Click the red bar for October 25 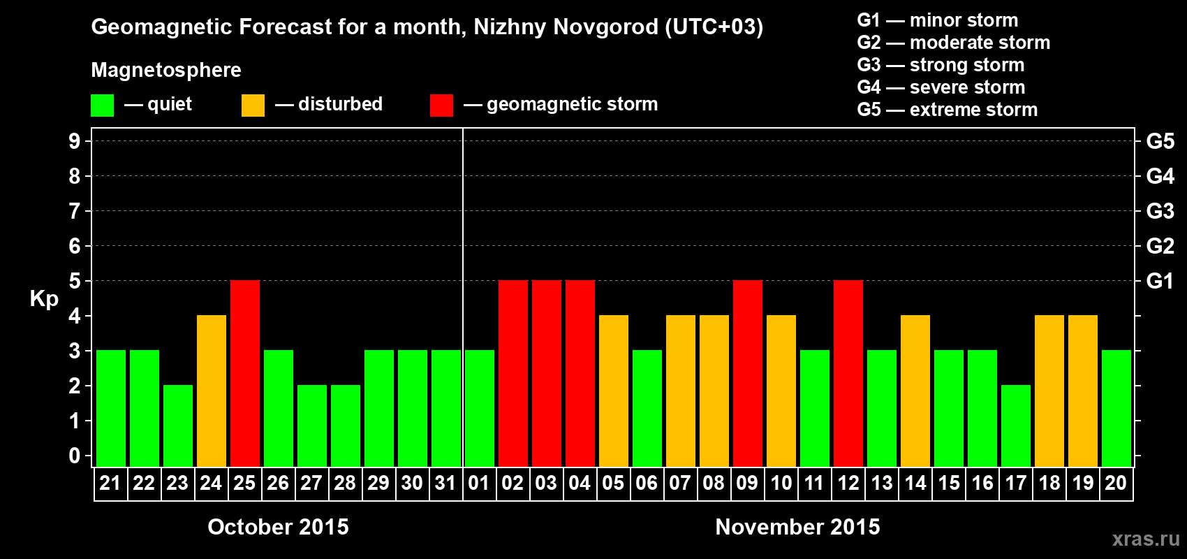245,373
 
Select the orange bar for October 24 212,391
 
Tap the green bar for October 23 178,426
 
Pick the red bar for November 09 748,373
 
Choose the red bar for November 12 848,373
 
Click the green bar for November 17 1016,426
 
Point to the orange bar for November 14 915,391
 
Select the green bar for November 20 1116,408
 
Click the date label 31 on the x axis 445,484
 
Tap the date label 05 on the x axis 613,484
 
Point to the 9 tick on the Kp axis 75,141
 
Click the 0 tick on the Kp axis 75,456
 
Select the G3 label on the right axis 1160,211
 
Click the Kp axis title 44,299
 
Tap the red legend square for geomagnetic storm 441,106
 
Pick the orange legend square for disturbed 253,106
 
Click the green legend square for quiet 102,106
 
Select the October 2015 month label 278,527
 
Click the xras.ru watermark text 1146,539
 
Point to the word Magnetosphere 166,70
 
